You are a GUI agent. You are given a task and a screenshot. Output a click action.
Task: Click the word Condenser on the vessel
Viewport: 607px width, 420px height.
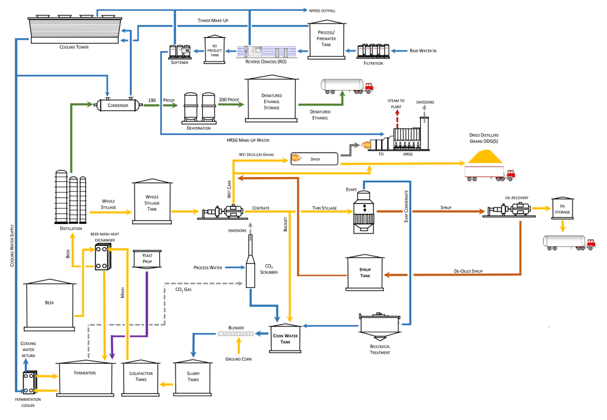click(x=118, y=105)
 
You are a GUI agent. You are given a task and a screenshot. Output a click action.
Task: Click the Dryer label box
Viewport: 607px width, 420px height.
click(x=315, y=159)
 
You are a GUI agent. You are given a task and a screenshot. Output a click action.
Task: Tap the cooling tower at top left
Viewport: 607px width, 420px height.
click(x=75, y=30)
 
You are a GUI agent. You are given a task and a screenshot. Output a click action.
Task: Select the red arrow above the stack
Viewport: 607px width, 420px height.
click(x=397, y=113)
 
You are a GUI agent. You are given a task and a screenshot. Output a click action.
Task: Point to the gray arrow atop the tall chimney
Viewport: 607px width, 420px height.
click(x=424, y=108)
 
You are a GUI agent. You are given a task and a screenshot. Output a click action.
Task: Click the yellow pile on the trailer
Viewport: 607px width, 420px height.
click(x=485, y=157)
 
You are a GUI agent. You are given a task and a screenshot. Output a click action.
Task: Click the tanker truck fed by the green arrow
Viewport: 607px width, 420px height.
click(x=347, y=86)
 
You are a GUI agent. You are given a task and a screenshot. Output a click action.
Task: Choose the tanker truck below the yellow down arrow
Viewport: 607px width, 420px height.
click(x=568, y=242)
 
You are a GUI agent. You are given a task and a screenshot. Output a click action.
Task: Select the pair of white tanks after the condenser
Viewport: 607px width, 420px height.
click(x=199, y=107)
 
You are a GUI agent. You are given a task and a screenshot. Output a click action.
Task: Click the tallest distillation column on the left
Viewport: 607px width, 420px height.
click(x=61, y=196)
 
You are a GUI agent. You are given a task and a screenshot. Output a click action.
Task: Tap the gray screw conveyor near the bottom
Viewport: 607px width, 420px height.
click(x=236, y=334)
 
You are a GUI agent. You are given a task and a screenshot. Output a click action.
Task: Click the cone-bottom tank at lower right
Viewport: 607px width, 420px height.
click(x=379, y=326)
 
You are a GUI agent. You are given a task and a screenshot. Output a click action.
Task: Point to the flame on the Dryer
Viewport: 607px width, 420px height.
click(x=295, y=158)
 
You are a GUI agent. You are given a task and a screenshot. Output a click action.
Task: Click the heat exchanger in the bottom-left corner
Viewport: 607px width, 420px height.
click(x=28, y=382)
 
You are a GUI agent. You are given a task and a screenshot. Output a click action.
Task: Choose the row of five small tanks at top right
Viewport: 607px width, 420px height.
click(x=373, y=51)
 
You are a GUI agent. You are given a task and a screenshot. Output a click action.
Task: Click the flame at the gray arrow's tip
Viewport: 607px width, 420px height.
click(x=366, y=145)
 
